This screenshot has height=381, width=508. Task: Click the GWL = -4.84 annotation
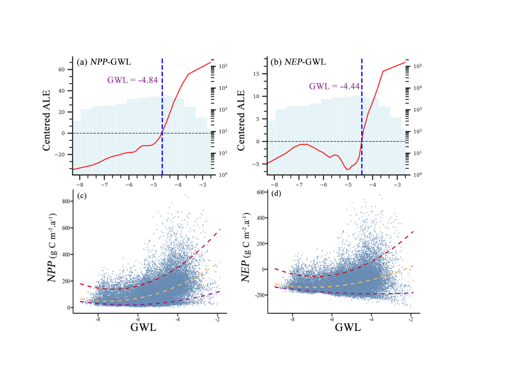tap(132, 80)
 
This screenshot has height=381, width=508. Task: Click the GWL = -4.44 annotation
tap(334, 86)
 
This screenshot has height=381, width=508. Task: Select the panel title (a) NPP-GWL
tap(104, 62)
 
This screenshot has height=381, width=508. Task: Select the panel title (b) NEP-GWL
tap(298, 62)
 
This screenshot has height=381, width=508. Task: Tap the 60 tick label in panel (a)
tap(62, 69)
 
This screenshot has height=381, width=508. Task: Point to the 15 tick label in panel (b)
tap(256, 74)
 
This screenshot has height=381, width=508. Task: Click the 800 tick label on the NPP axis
tap(66, 201)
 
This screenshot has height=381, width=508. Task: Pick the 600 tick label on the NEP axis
tap(261, 192)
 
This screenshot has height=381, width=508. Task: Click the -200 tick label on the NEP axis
tap(260, 295)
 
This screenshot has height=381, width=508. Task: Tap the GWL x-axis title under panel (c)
tap(143, 327)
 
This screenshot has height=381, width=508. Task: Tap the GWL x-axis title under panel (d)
tap(348, 327)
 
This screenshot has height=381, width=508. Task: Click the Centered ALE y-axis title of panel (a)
tap(46, 121)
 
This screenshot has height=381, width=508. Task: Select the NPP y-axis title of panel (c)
tap(52, 248)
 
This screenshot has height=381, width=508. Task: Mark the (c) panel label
tap(82, 196)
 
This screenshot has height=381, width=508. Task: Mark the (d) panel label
tap(276, 193)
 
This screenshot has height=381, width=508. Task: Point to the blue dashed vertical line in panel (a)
tap(162, 114)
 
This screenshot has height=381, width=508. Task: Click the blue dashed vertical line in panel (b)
tap(362, 114)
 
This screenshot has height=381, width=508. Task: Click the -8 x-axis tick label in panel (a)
tap(80, 185)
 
